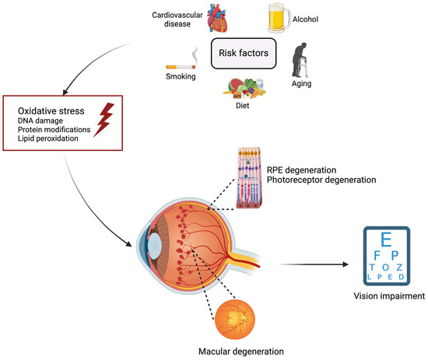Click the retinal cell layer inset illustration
coord(246,186)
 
